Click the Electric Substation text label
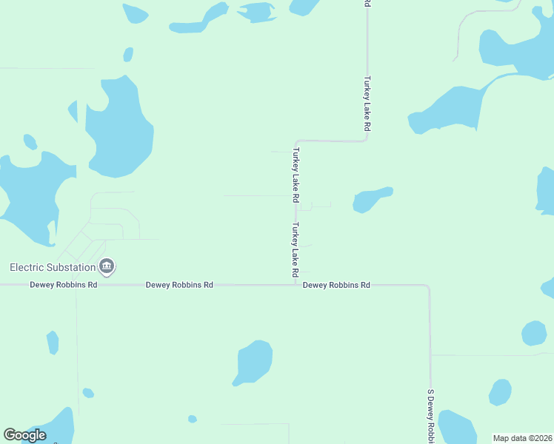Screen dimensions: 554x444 tap(53, 267)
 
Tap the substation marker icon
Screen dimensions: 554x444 tap(107, 266)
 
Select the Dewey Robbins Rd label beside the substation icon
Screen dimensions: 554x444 tap(64, 285)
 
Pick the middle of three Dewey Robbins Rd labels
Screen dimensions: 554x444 tap(179, 285)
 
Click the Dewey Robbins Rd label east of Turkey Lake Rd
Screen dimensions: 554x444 tap(336, 285)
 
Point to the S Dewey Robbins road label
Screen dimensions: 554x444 tap(430, 416)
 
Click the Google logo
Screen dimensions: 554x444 tap(24, 435)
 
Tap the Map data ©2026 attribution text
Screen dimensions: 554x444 tap(522, 438)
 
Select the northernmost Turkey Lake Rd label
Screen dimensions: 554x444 tap(367, 104)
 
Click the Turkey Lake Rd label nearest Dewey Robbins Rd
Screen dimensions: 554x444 tap(295, 245)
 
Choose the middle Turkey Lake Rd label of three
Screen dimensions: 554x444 tap(296, 175)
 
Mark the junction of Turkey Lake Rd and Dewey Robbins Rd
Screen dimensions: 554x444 tap(296, 284)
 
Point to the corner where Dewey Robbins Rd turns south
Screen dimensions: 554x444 tap(428, 286)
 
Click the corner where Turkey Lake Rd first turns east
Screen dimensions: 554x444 tap(296, 141)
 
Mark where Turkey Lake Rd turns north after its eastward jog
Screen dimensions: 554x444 tap(367, 139)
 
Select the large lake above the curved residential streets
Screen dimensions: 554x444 tap(119, 129)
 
